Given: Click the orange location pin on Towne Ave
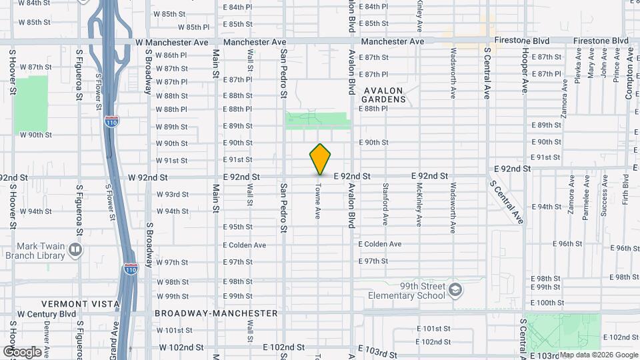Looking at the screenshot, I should click(320, 159).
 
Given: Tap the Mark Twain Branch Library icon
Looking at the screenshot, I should click(75, 250).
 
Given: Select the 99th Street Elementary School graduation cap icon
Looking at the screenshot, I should click(455, 290).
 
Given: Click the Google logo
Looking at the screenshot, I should click(21, 352).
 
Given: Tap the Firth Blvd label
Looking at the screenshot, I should click(625, 189).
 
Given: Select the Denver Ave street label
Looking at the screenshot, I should click(47, 337).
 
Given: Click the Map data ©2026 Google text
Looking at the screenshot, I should click(598, 355).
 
